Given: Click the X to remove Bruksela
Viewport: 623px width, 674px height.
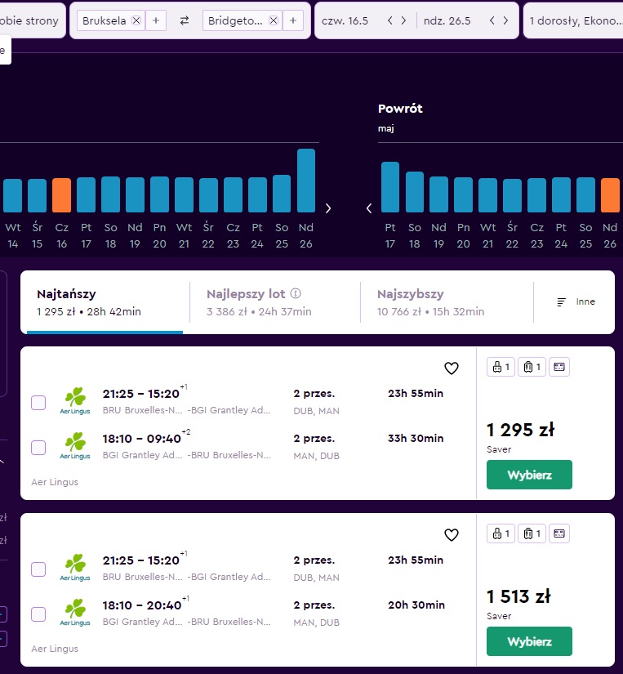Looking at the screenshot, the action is coord(136,20).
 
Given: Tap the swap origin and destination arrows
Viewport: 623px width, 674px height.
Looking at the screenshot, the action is coord(185,20).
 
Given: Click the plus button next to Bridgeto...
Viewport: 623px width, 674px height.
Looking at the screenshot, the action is coord(293,20).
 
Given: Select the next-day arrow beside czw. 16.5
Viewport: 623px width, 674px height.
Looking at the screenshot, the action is coord(403,20).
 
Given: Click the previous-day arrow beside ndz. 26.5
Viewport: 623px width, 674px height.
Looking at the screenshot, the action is coord(492,20).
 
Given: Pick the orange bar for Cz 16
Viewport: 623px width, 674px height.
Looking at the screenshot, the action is coord(61,195).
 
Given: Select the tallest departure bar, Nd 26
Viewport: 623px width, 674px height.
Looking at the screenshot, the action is coord(306,181).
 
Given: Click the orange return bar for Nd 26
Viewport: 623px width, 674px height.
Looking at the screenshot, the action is coord(610,195).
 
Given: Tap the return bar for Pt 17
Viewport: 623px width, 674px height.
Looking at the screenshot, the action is coord(390,187).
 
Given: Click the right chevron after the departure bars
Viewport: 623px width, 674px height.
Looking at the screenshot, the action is coord(328,208).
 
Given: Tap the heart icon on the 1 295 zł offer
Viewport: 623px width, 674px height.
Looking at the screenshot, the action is coord(452,368).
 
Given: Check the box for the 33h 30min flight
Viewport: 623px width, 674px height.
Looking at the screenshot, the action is coord(38,448).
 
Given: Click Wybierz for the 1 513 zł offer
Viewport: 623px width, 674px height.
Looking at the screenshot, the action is coord(529,641).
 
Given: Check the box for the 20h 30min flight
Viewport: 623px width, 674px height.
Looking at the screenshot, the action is coord(38,614).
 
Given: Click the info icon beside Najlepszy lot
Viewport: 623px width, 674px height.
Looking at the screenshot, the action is coord(296,293).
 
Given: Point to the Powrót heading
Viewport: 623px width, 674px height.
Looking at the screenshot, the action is coord(400,109).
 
